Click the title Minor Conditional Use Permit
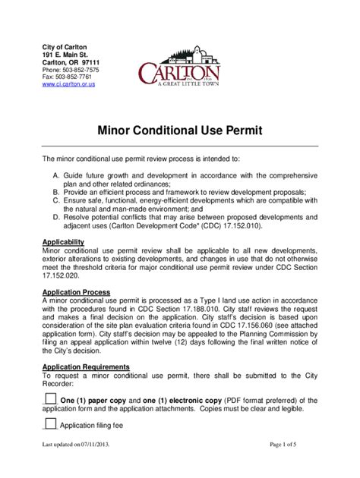pos(179,131)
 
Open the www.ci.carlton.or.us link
pos(68,84)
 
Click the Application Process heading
pos(76,292)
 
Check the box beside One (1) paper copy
pos(50,399)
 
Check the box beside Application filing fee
pos(50,425)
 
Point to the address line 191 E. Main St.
pos(65,55)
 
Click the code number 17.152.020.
pos(62,275)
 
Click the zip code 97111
pos(96,62)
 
